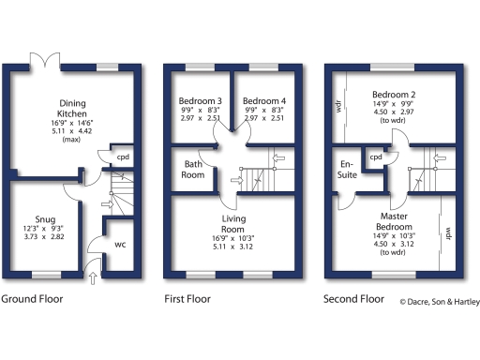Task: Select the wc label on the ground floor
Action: tap(119, 244)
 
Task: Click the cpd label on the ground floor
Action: tap(122, 158)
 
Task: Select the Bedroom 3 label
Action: tap(198, 100)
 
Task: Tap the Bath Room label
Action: tap(192, 169)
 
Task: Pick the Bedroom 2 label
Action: tap(393, 95)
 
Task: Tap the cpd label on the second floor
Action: tap(376, 157)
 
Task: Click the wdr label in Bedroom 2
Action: tap(337, 105)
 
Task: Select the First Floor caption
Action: tap(187, 300)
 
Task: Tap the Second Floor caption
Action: tap(353, 300)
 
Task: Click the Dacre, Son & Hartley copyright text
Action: tap(439, 302)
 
